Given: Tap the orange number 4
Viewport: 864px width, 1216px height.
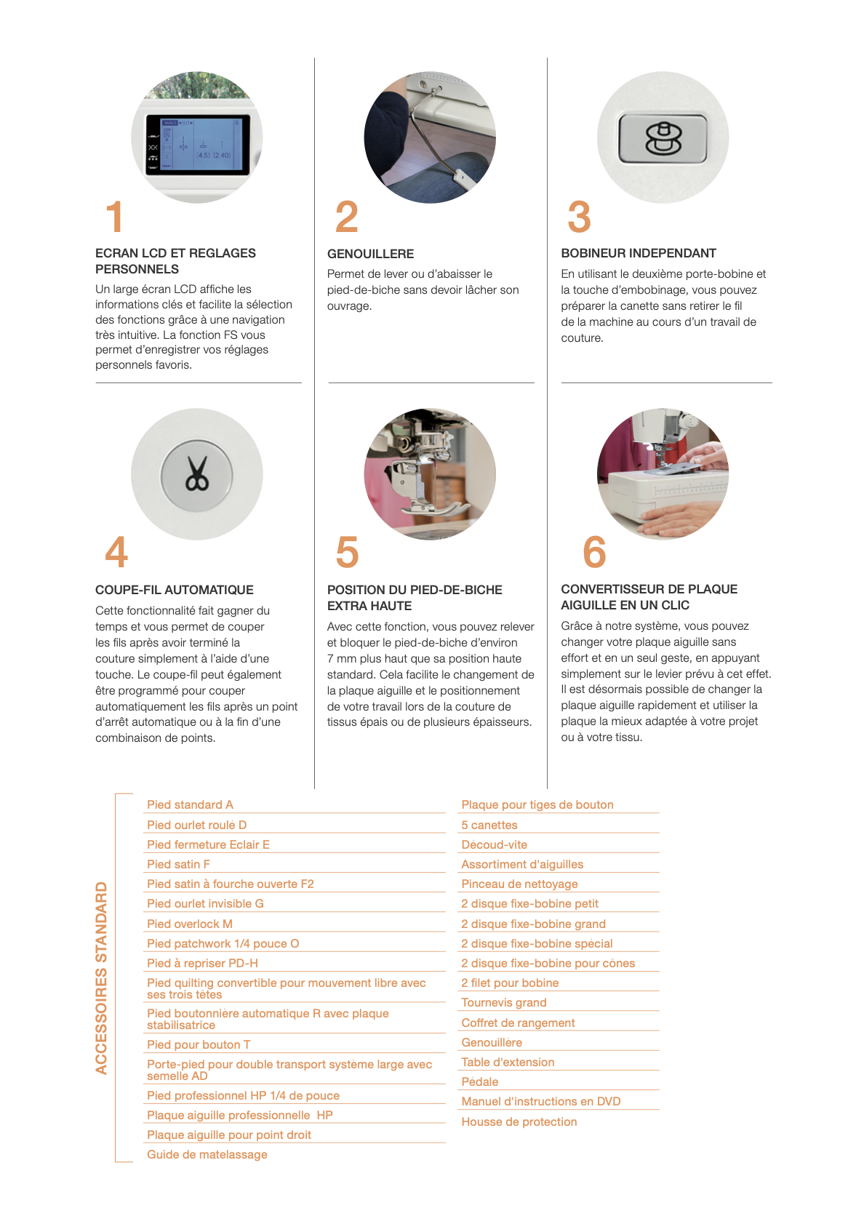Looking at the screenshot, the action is [x=116, y=551].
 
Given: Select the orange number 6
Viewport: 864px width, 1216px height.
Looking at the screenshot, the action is [x=594, y=551].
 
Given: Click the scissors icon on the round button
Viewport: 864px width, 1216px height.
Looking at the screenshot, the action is [x=197, y=474].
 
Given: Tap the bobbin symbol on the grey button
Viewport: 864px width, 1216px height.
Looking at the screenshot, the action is [x=663, y=139].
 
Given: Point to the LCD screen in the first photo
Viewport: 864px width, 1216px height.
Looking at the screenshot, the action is [x=198, y=144].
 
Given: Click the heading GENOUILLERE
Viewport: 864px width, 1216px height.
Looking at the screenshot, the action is [x=370, y=254].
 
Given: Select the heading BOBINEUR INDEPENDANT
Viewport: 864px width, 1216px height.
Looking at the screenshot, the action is [x=639, y=253].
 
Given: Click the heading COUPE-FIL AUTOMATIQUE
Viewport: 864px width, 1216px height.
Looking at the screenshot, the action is [x=175, y=590].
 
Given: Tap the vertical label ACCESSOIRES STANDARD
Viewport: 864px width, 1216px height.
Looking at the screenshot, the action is [x=102, y=977].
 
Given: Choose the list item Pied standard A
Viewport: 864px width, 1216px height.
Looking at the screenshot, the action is [x=190, y=804].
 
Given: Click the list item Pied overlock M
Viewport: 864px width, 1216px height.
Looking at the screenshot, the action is [x=189, y=924].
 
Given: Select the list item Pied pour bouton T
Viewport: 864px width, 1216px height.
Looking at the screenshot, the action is [x=199, y=1044].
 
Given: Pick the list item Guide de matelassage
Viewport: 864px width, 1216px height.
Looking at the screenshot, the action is [x=207, y=1155].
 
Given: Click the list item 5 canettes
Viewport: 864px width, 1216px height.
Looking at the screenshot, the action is [x=489, y=825].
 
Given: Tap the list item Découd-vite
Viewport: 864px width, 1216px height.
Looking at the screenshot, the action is [x=495, y=844].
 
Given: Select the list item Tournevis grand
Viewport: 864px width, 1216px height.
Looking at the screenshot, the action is [x=504, y=1003].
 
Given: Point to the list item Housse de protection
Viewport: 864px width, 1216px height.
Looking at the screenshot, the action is [x=519, y=1121].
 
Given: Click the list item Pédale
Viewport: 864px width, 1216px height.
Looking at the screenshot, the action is [x=480, y=1082].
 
